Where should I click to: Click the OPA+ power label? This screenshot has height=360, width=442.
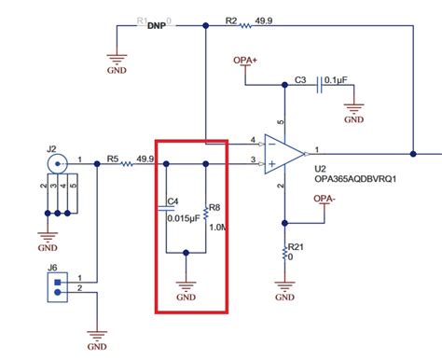245,60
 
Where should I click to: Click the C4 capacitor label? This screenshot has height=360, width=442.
172,201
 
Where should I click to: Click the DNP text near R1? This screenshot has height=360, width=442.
157,27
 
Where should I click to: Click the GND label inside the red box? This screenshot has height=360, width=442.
189,298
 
